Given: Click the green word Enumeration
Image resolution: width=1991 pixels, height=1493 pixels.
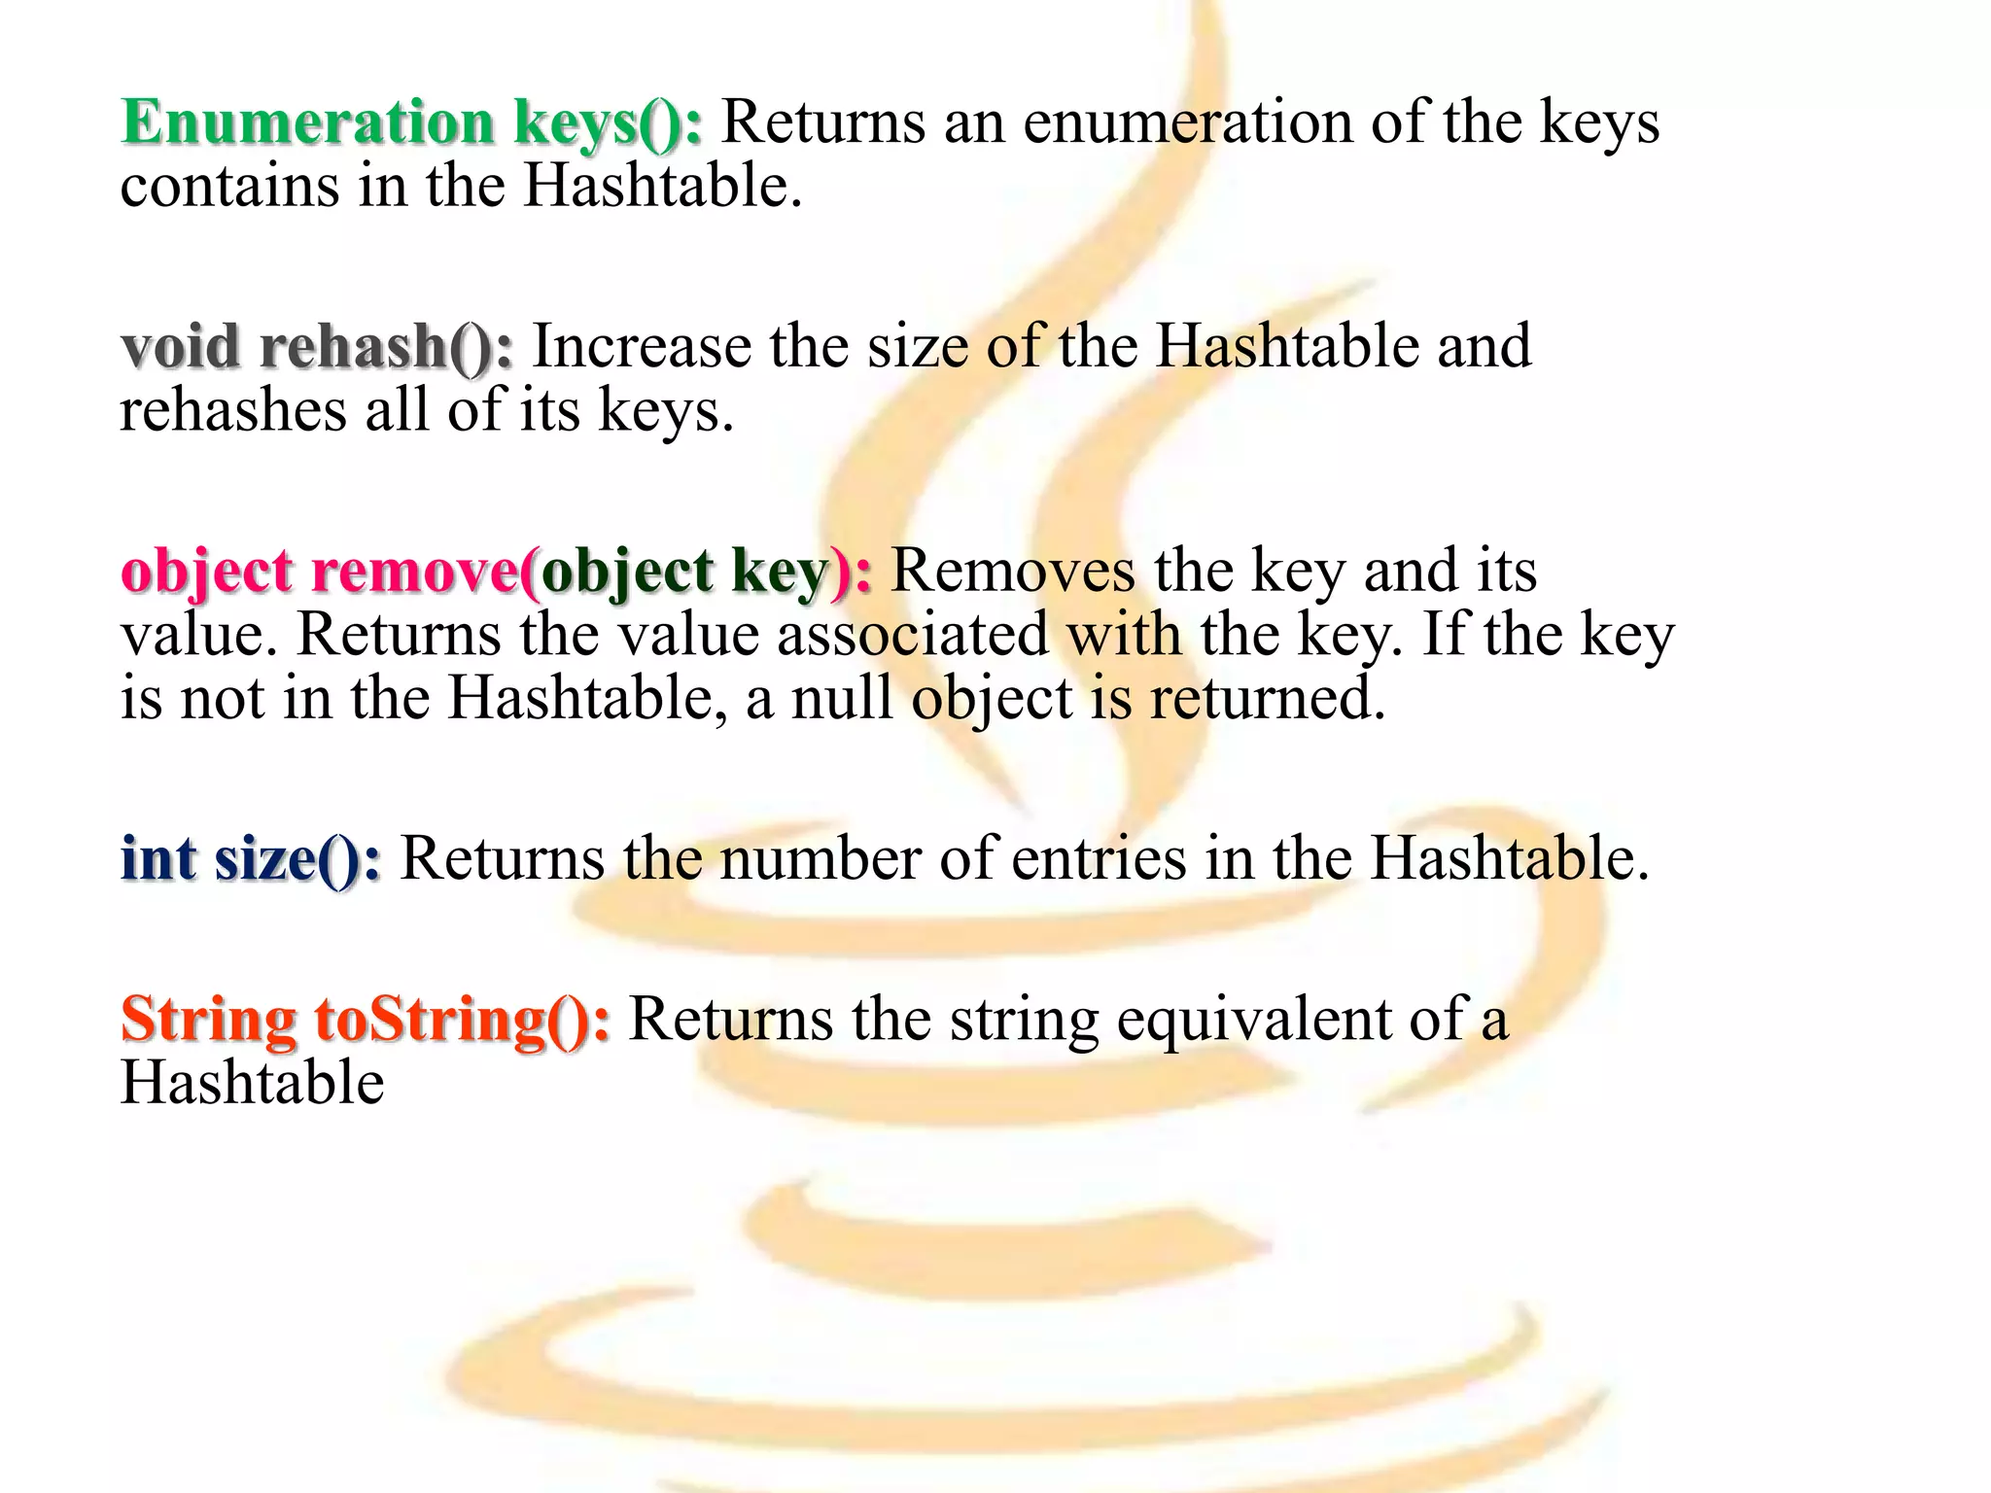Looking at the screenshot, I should pyautogui.click(x=307, y=123).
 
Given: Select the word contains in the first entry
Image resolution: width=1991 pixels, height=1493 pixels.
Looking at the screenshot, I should pyautogui.click(x=229, y=186).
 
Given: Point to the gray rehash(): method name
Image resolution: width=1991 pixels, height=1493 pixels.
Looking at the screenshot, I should pyautogui.click(x=386, y=347).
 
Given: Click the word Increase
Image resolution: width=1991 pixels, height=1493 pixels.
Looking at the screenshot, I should pyautogui.click(x=642, y=347).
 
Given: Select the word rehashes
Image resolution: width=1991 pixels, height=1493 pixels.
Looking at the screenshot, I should pyautogui.click(x=232, y=409).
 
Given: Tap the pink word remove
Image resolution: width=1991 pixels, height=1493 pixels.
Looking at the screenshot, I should pyautogui.click(x=414, y=572).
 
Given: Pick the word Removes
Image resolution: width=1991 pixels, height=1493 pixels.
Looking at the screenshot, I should pyautogui.click(x=1012, y=571).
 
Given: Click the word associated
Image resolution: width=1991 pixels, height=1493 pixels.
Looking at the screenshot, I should pyautogui.click(x=912, y=635).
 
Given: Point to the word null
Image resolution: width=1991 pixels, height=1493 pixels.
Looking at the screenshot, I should pyautogui.click(x=842, y=698).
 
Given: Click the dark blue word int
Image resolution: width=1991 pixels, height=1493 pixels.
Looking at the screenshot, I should pyautogui.click(x=157, y=859).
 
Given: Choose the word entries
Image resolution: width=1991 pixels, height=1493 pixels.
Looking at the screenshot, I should pyautogui.click(x=1099, y=859).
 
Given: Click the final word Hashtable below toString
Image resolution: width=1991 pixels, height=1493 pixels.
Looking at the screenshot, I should pyautogui.click(x=252, y=1083).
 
